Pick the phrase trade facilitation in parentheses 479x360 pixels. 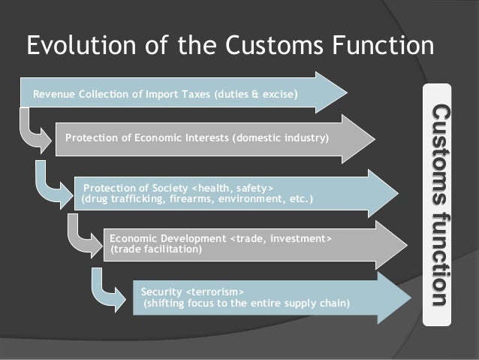156,250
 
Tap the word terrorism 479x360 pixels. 214,292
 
